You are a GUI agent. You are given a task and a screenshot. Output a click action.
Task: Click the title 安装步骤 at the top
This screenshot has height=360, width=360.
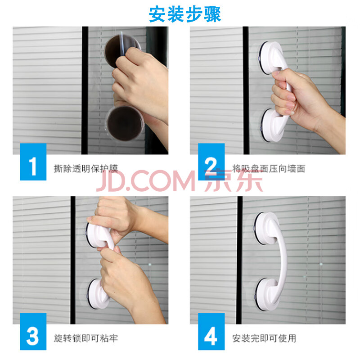click(185, 14)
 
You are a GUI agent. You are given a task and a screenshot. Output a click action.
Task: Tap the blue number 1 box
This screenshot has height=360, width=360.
click(33, 162)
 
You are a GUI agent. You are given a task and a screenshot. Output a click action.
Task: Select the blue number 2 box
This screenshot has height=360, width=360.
click(211, 162)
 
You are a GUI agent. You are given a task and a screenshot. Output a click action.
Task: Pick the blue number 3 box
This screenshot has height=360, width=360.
click(33, 332)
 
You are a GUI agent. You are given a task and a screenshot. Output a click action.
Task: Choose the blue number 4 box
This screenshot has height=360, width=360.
click(211, 332)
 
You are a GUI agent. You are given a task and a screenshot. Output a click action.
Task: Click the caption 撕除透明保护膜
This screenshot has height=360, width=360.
click(86, 169)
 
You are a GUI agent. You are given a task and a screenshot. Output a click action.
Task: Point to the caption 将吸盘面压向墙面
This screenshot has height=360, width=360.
click(269, 169)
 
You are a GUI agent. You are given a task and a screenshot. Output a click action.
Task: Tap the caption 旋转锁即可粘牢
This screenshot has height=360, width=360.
click(86, 338)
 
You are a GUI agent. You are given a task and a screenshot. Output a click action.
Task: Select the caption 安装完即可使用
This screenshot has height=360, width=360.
click(264, 338)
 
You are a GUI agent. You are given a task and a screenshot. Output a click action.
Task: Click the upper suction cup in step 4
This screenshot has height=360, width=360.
click(267, 229)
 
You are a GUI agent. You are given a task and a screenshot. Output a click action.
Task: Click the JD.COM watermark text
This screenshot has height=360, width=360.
click(146, 181)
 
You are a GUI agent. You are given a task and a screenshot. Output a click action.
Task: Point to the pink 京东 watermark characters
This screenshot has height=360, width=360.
click(234, 181)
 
